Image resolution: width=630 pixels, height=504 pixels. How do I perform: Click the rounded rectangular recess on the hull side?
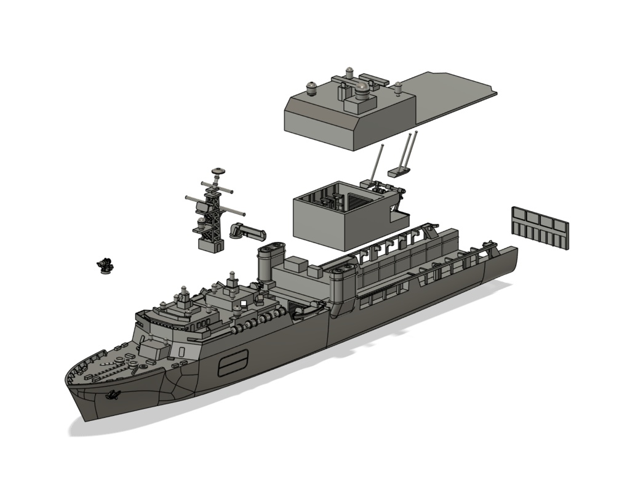pyautogui.click(x=233, y=362)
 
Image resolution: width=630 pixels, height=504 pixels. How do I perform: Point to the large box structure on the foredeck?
pyautogui.click(x=153, y=350)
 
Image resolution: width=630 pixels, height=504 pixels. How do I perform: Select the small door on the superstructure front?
pyautogui.click(x=182, y=351)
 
